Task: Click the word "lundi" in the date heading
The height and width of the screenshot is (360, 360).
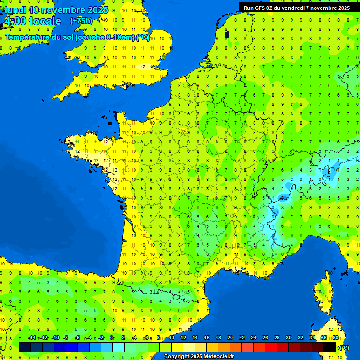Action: [15, 10]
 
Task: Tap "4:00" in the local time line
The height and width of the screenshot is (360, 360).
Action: [14, 21]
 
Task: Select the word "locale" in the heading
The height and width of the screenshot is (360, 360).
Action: [45, 21]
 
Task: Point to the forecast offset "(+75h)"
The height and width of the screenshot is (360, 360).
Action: [81, 21]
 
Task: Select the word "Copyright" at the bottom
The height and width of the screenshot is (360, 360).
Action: [177, 356]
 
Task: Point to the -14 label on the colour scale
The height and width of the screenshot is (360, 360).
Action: [32, 337]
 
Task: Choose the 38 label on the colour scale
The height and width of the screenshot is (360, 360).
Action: [335, 337]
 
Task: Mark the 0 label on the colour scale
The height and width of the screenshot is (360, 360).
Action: [112, 337]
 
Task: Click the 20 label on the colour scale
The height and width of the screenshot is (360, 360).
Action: [230, 337]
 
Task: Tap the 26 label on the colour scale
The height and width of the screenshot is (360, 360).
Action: [265, 337]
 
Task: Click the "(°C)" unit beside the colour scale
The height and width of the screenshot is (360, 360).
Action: [344, 347]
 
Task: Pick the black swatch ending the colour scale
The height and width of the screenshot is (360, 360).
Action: [330, 347]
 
